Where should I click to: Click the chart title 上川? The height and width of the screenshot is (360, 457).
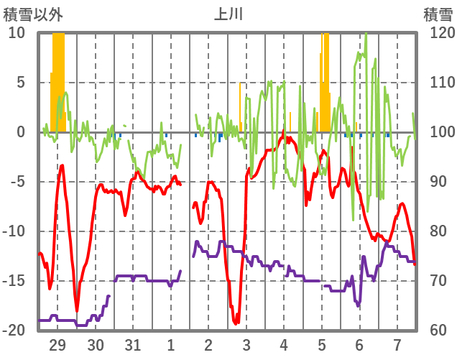tap(228, 14)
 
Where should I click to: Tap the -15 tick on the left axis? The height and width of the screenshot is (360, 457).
tap(15, 281)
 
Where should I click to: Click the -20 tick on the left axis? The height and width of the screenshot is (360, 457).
tap(15, 331)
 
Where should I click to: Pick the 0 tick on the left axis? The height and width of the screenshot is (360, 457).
tap(21, 132)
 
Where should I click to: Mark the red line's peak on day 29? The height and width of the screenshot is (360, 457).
tap(63, 166)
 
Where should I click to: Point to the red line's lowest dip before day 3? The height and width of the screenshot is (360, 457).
tap(235, 323)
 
